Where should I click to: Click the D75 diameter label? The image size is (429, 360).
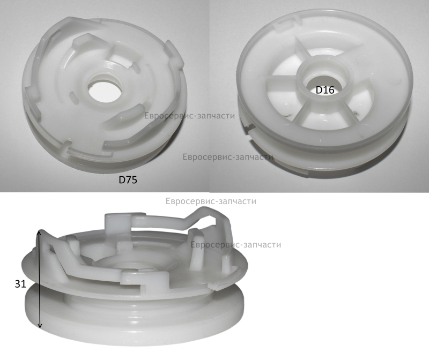point(128,179)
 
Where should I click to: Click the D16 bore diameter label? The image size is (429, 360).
point(325,90)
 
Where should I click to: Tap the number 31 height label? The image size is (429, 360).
point(20,284)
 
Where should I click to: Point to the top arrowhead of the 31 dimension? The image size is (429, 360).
point(39,232)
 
